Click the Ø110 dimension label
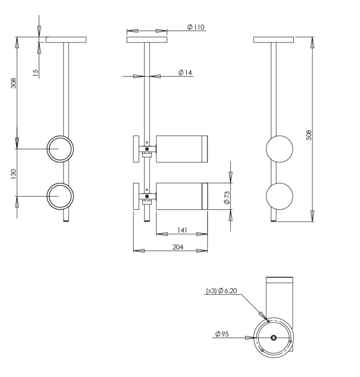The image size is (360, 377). [x=196, y=27]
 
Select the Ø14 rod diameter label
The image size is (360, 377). [x=185, y=72]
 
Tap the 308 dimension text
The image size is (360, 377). [x=14, y=83]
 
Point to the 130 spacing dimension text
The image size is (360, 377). [x=14, y=174]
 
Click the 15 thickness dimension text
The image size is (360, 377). [x=35, y=73]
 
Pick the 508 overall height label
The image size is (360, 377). [x=309, y=135]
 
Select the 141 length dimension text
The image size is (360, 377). [x=182, y=230]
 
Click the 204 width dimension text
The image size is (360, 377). [x=178, y=247]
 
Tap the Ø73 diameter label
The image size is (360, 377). [x=227, y=198]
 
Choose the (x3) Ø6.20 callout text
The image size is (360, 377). [x=221, y=291]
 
